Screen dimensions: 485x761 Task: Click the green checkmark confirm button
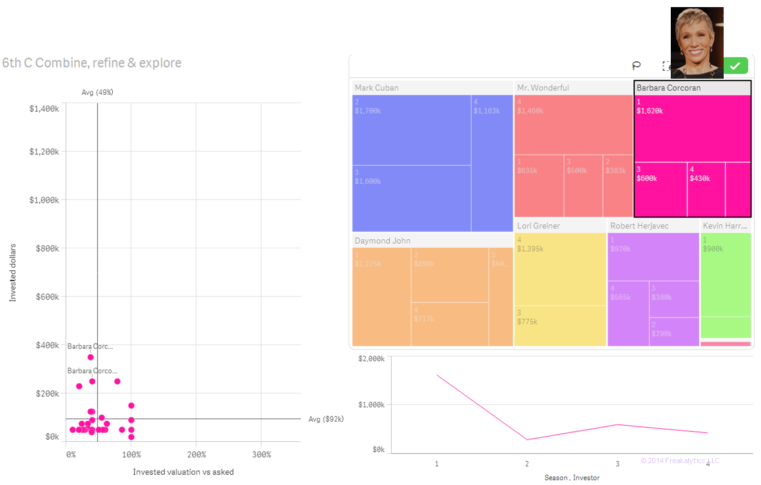(x=735, y=66)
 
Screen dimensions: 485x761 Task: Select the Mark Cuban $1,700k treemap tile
(x=411, y=130)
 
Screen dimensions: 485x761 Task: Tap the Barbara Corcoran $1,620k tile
(x=692, y=128)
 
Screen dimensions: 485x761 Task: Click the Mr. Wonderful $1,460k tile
(x=573, y=124)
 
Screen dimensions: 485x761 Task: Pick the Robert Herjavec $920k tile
(x=653, y=257)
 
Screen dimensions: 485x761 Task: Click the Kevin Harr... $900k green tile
(x=726, y=274)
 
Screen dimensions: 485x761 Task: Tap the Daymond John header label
(x=382, y=241)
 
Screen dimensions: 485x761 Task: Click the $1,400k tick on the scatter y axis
(x=44, y=109)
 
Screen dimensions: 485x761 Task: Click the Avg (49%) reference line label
(x=97, y=93)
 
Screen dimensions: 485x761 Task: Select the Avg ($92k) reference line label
(x=326, y=419)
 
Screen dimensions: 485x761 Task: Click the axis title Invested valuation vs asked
(x=183, y=472)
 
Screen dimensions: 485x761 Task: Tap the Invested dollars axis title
(x=12, y=272)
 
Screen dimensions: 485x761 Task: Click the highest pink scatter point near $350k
(x=91, y=357)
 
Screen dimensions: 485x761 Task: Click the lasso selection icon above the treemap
(x=636, y=66)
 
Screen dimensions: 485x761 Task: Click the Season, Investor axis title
(x=572, y=478)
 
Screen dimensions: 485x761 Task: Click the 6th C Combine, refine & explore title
(x=92, y=63)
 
